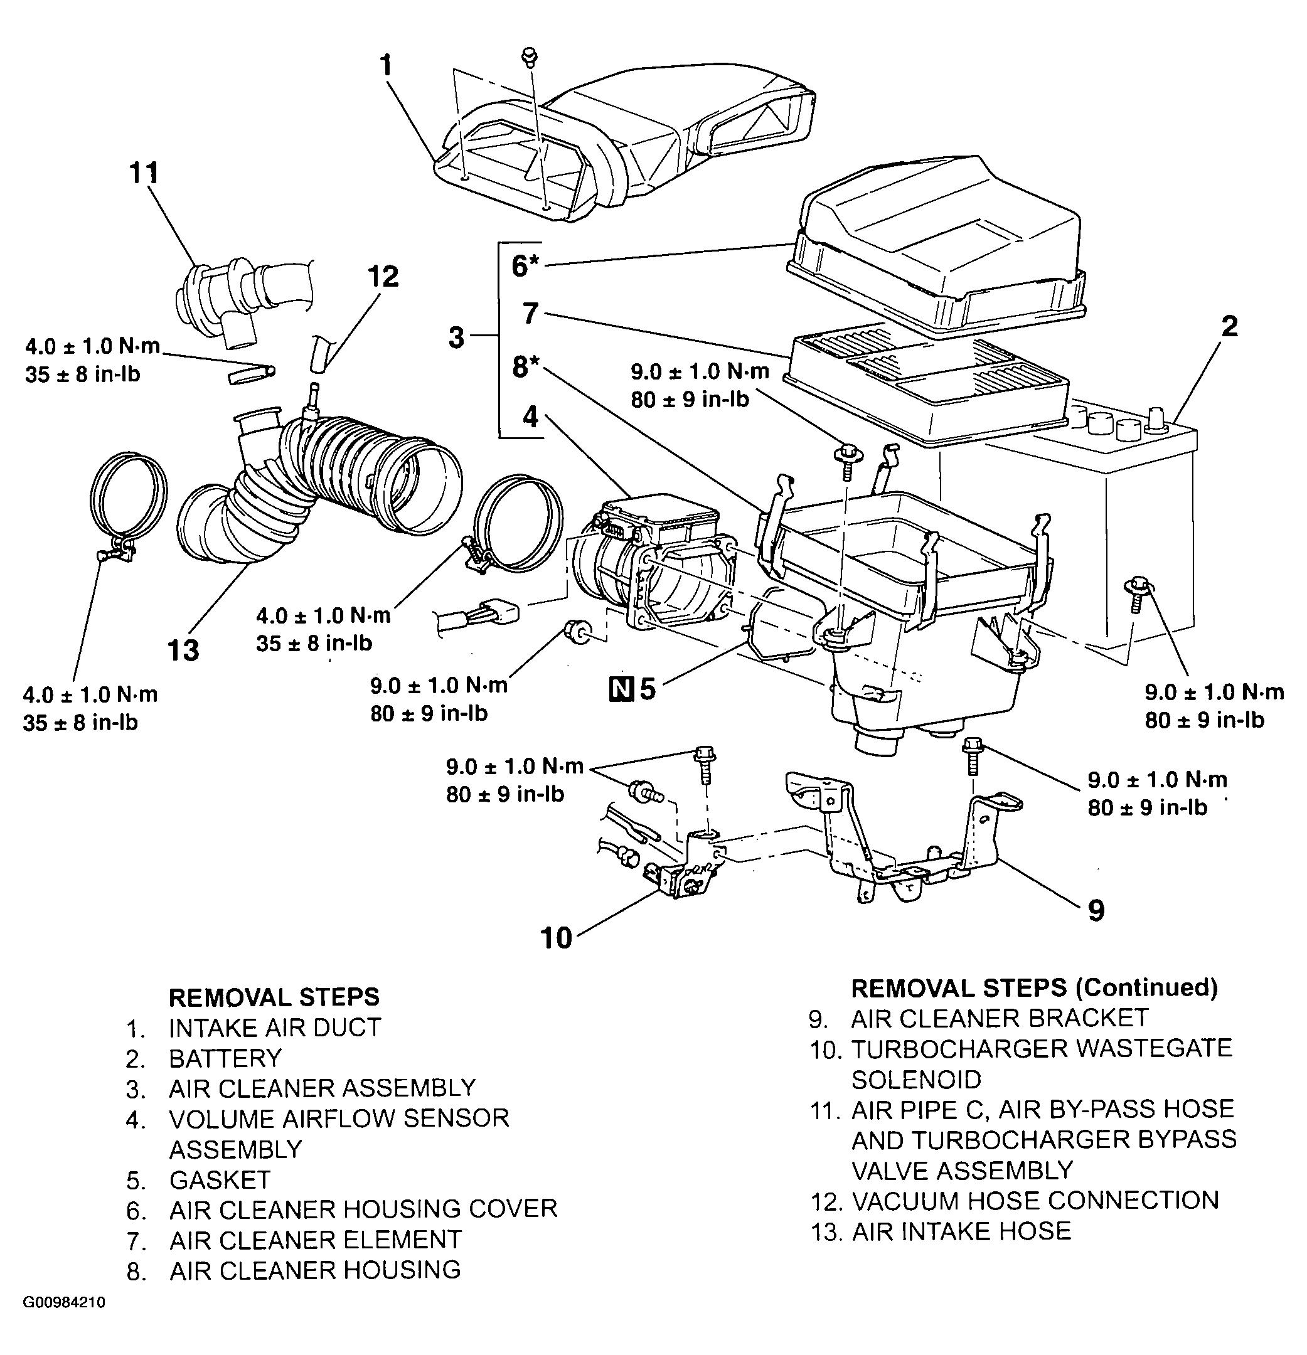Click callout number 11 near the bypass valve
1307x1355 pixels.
pyautogui.click(x=144, y=173)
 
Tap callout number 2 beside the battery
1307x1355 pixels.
pyautogui.click(x=1229, y=326)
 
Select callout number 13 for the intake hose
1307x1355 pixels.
pyautogui.click(x=183, y=650)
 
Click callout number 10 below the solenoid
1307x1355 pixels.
pyautogui.click(x=557, y=938)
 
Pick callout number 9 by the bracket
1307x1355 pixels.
pyautogui.click(x=1096, y=910)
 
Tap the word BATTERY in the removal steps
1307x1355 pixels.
pyautogui.click(x=225, y=1058)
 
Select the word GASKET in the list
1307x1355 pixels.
pyautogui.click(x=219, y=1180)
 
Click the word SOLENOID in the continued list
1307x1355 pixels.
pyautogui.click(x=916, y=1079)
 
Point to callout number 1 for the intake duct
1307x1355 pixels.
pyautogui.click(x=386, y=66)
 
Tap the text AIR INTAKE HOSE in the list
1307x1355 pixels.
pyautogui.click(x=962, y=1231)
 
